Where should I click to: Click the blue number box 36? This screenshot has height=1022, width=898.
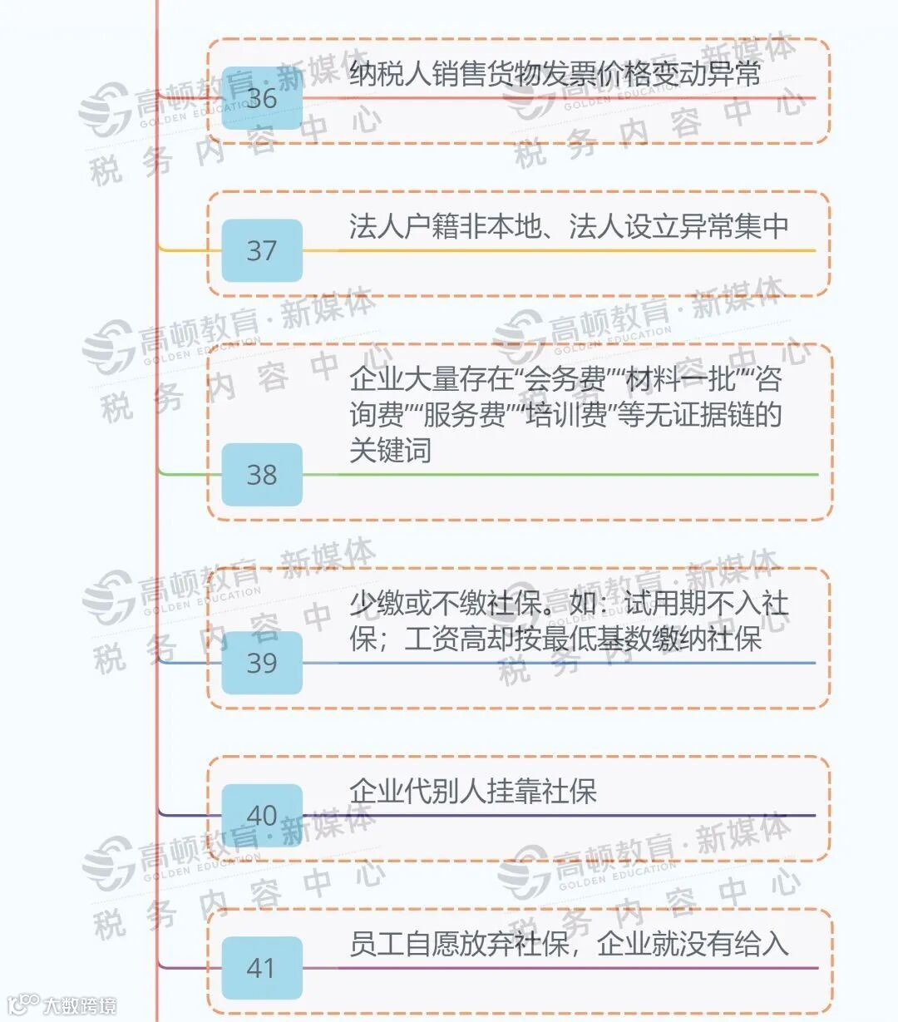(262, 98)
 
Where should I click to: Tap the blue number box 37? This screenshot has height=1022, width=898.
(262, 250)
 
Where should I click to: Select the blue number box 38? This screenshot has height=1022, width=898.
(262, 475)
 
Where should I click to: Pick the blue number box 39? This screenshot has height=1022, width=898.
(262, 663)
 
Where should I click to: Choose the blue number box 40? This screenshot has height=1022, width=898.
(262, 815)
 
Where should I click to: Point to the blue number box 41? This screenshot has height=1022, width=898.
(262, 968)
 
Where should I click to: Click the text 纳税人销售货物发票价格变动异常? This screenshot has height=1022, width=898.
(555, 74)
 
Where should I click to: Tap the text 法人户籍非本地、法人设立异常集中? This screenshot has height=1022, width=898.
(569, 226)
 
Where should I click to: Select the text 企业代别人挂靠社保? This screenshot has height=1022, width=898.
(473, 791)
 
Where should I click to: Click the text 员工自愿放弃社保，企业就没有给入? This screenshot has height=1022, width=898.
(569, 944)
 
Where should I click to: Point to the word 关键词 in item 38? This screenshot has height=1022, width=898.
(390, 450)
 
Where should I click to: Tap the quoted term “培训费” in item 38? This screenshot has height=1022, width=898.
(565, 415)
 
